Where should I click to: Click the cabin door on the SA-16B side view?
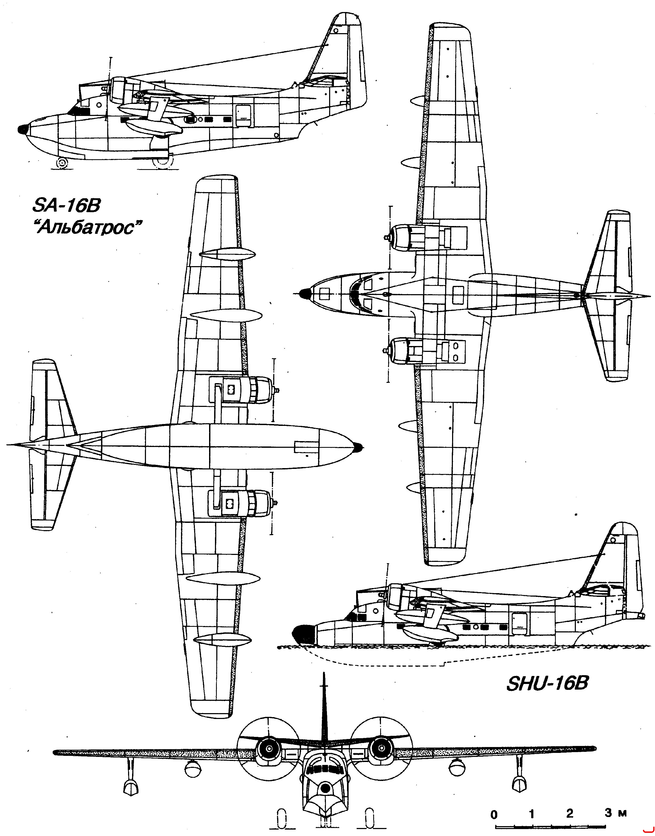click(x=243, y=115)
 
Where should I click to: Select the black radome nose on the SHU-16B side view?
click(x=303, y=634)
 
